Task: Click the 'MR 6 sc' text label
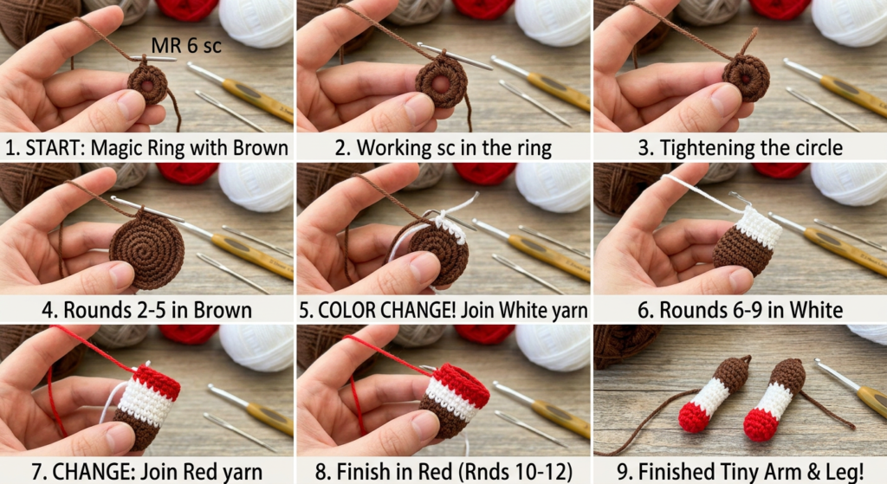click(186, 45)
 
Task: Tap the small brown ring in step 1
click(147, 85)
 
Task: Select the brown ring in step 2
click(441, 82)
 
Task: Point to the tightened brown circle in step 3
click(746, 78)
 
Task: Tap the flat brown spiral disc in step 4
click(146, 249)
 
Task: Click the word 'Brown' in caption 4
click(223, 311)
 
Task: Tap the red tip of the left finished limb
click(694, 416)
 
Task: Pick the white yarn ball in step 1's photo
click(256, 22)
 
